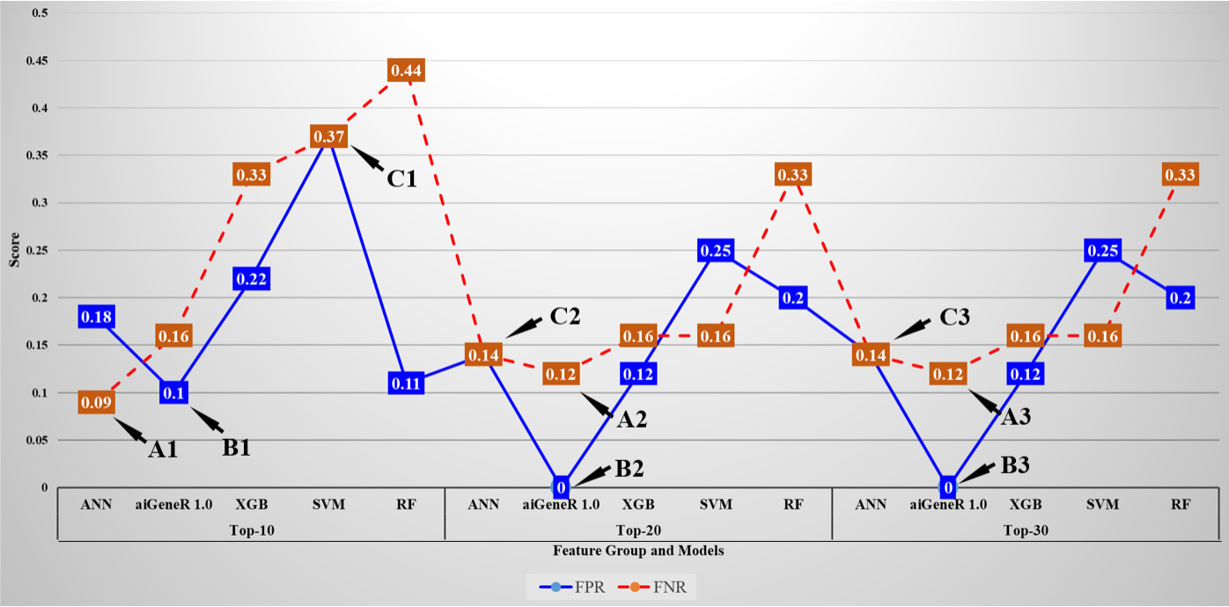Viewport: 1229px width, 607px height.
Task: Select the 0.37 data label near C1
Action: [x=328, y=136]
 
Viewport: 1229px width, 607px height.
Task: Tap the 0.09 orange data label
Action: [x=96, y=404]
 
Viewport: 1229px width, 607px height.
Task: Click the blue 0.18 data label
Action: [x=96, y=317]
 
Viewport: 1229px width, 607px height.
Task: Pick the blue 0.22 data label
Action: [x=251, y=279]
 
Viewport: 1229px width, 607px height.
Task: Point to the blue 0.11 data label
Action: [x=406, y=384]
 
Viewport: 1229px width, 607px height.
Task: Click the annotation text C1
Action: [x=401, y=179]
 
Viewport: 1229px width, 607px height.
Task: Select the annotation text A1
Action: [x=163, y=450]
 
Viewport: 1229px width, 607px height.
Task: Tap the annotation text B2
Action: [x=629, y=468]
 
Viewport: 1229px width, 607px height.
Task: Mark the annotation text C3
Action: [x=954, y=318]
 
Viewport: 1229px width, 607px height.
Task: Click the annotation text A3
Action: [x=1016, y=417]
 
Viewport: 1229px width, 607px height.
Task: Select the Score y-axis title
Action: [x=13, y=252]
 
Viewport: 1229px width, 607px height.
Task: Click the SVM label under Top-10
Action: [x=328, y=505]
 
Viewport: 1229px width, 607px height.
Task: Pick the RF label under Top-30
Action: [x=1180, y=505]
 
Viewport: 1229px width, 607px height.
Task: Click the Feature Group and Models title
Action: [x=638, y=551]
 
